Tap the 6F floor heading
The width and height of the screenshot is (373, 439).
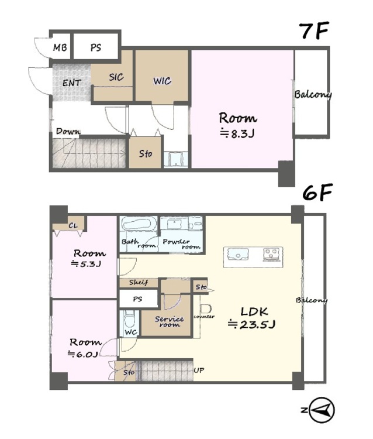[317, 193]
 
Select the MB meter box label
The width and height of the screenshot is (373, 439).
[60, 47]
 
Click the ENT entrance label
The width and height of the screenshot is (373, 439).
[71, 83]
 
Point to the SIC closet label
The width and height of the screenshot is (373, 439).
[116, 77]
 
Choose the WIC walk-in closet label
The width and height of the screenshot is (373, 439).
[162, 81]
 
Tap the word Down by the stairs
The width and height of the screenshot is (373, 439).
[68, 131]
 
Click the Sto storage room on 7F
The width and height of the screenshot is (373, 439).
[145, 153]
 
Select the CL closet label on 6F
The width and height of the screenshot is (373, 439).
[73, 225]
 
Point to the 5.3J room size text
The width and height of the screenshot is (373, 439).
[86, 264]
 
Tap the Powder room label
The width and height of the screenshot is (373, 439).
[181, 244]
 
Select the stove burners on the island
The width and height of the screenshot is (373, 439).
[271, 254]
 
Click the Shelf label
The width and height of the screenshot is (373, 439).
[139, 282]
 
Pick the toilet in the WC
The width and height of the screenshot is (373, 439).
[129, 319]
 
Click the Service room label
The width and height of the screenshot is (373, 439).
[170, 321]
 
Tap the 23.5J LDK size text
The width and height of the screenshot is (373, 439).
[251, 324]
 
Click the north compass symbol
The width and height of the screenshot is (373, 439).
[322, 410]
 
